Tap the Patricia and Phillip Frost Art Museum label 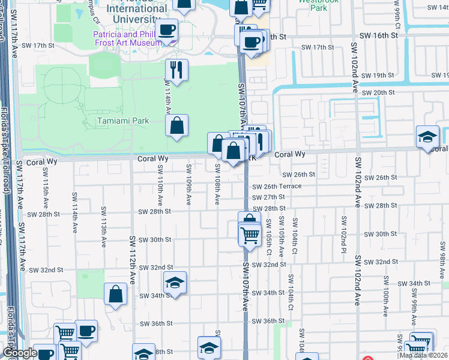(127, 38)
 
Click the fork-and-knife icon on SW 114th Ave (176, 71)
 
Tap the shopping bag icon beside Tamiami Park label (177, 126)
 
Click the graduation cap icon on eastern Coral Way (427, 136)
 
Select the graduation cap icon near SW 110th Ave (175, 282)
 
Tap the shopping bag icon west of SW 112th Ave (115, 294)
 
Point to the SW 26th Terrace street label (277, 187)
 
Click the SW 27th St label (268, 197)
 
